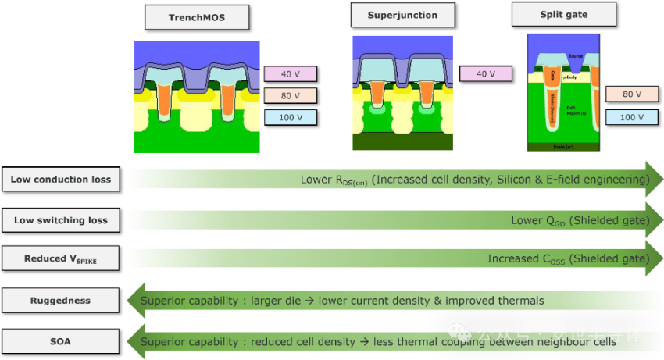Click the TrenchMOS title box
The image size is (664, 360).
[197, 17]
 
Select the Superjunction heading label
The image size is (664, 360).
[403, 15]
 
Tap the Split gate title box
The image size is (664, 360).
[563, 14]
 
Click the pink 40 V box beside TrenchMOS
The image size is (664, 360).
[290, 74]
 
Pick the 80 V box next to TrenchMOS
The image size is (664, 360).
[290, 96]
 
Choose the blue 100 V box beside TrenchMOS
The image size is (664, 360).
[290, 118]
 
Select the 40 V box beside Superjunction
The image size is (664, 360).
[485, 74]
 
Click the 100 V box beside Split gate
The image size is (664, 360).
[631, 117]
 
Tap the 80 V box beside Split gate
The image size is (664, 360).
[631, 94]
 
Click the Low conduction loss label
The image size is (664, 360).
[60, 180]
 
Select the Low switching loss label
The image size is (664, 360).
[60, 220]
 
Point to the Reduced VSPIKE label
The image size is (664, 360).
[60, 258]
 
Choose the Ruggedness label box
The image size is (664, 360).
[60, 301]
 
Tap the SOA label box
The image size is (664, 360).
[60, 341]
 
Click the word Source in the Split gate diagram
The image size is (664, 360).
[575, 56]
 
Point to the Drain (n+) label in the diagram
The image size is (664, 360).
[564, 146]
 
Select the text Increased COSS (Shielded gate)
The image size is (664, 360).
[568, 258]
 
